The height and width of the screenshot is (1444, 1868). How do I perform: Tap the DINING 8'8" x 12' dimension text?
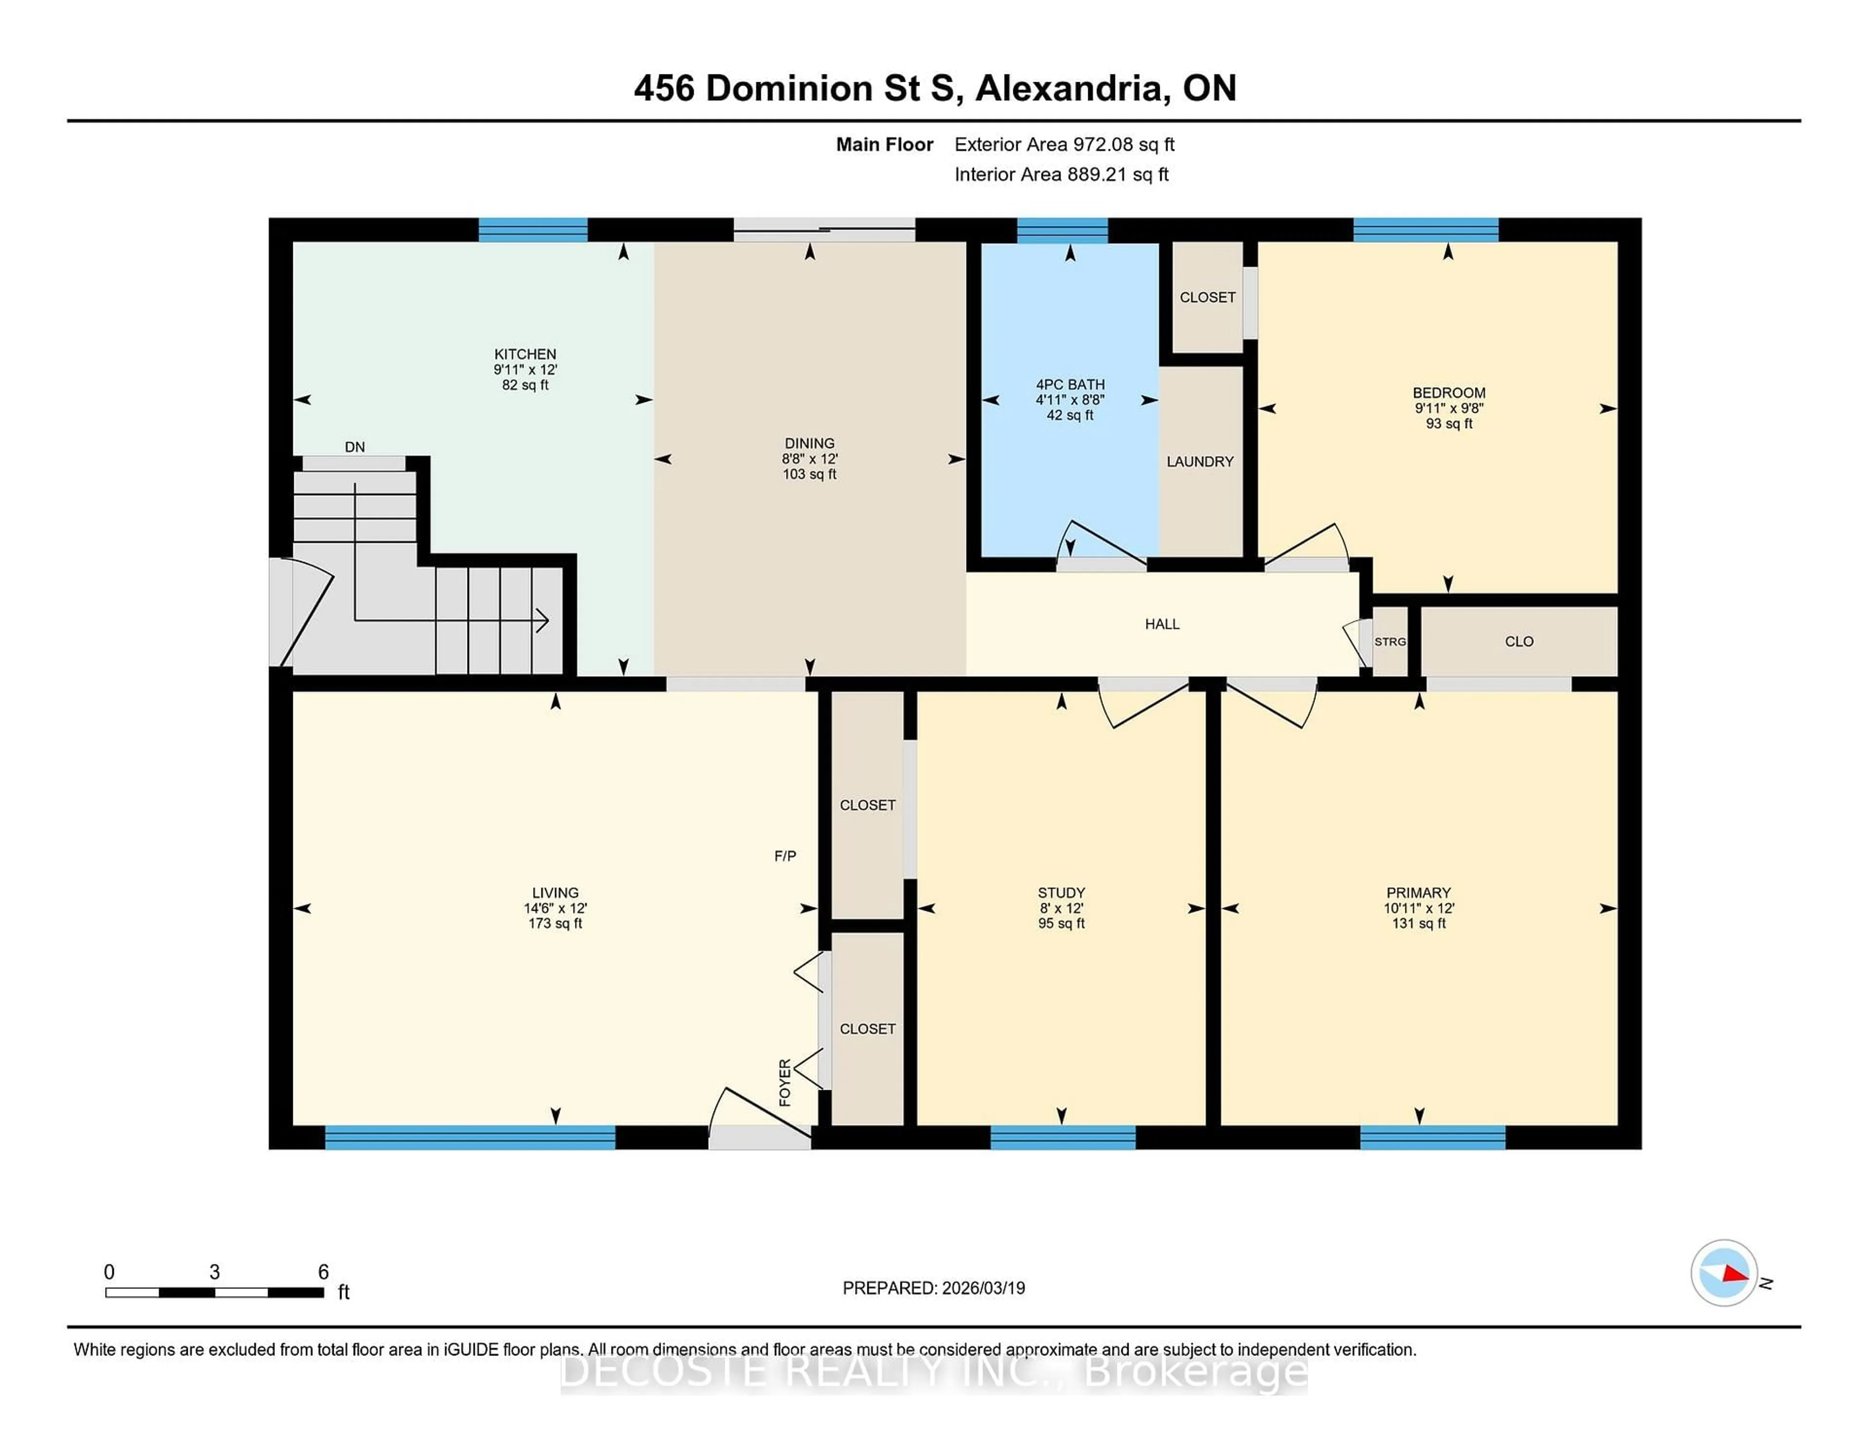pos(809,458)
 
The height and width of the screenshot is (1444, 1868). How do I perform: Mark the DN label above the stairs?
pos(354,447)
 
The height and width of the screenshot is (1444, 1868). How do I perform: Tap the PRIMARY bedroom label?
pos(1418,892)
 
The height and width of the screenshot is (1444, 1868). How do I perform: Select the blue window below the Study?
pos(1062,1137)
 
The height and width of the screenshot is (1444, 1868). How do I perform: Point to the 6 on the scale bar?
pos(323,1272)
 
